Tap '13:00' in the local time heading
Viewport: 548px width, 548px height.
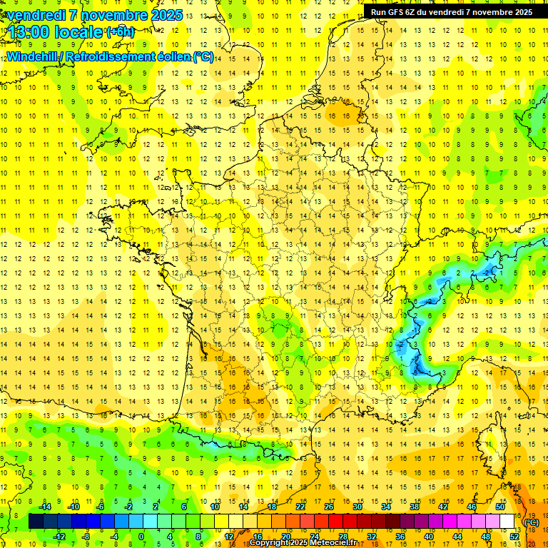click(29, 31)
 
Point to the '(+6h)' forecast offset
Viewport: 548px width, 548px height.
click(119, 32)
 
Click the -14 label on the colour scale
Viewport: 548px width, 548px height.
click(46, 507)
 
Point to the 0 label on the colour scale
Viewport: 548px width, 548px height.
click(141, 537)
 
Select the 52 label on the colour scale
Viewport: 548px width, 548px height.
click(514, 537)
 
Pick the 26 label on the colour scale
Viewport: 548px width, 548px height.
click(329, 507)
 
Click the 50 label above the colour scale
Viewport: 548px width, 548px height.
click(499, 507)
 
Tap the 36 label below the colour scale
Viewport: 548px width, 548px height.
click(400, 537)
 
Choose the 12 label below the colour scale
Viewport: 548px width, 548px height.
click(228, 537)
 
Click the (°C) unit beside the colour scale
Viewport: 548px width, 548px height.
click(532, 522)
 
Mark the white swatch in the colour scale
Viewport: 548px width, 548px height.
click(507, 522)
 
